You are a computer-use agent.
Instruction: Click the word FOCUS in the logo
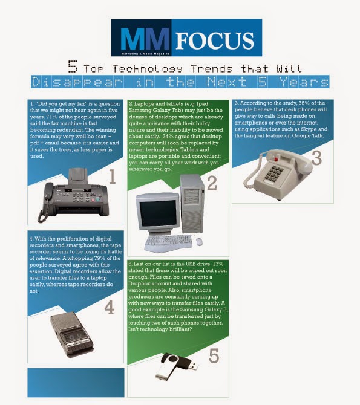[x=215, y=40]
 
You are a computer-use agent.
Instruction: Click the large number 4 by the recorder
[x=109, y=308]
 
